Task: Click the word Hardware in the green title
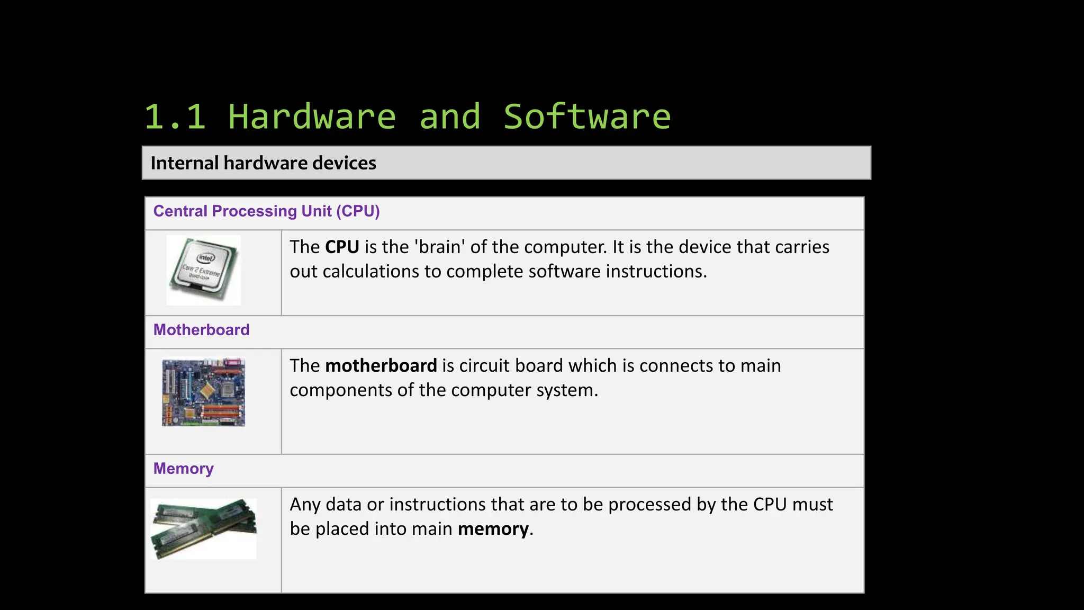[312, 117]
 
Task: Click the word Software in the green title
[586, 117]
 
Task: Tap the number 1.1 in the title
[175, 117]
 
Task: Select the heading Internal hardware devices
[263, 163]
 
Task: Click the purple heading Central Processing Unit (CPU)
[266, 211]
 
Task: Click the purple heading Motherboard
[201, 330]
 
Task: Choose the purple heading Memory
[183, 469]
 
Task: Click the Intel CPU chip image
[204, 270]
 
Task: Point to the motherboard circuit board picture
[204, 392]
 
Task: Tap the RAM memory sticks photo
[203, 528]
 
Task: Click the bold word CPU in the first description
[342, 247]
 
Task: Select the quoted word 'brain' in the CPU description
[439, 247]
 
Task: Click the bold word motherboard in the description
[381, 366]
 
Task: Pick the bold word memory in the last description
[493, 529]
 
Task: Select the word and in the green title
[450, 117]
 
